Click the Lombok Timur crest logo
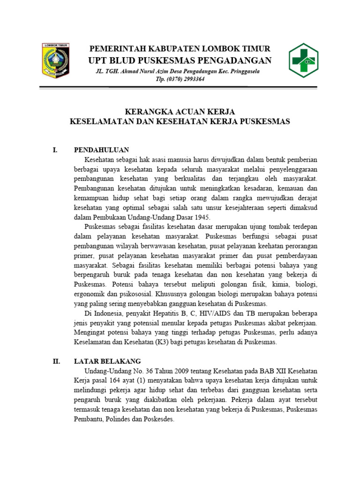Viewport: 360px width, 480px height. click(x=55, y=60)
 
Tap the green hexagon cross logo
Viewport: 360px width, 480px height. click(x=305, y=60)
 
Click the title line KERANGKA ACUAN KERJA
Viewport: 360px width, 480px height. click(x=180, y=112)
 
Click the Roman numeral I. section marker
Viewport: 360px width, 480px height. click(x=55, y=150)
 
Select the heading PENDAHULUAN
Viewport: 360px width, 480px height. click(x=101, y=150)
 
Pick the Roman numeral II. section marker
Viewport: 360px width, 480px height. click(x=56, y=361)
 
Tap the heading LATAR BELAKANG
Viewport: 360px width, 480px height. click(x=107, y=361)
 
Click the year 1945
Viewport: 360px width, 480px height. click(x=202, y=217)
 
